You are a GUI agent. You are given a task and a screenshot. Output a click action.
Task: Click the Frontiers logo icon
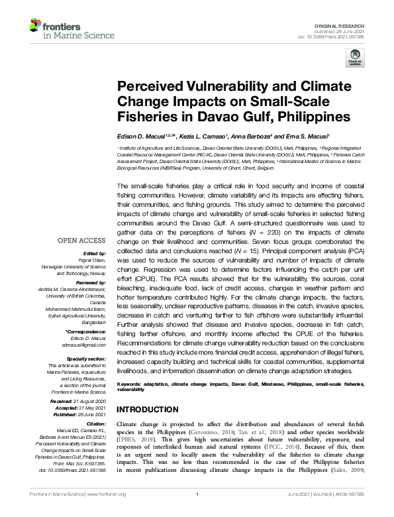[x=36, y=26]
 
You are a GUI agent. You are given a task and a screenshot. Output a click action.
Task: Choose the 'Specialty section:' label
[x=84, y=358]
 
